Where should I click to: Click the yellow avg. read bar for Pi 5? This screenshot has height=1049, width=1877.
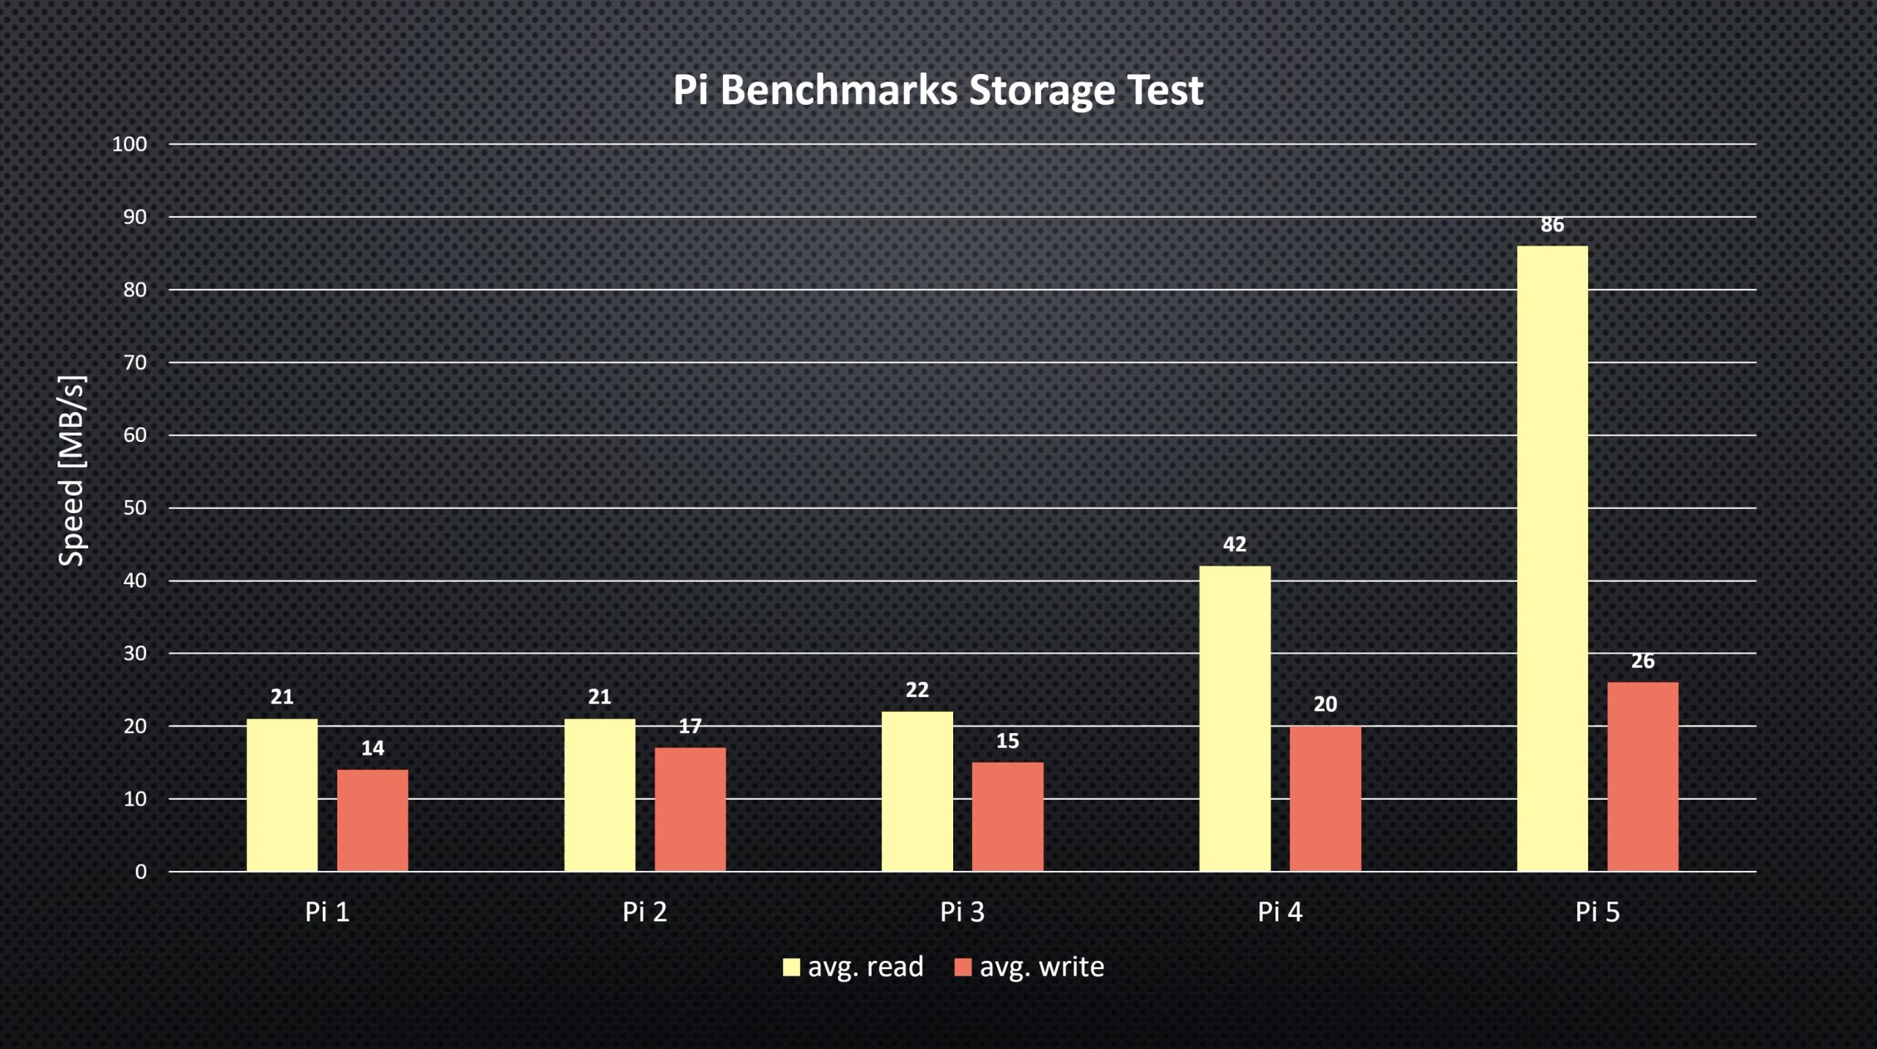point(1551,557)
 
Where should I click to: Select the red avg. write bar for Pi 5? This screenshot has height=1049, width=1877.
point(1642,776)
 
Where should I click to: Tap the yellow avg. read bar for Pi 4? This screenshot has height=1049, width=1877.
point(1235,718)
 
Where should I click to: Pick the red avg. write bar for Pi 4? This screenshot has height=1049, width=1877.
point(1325,798)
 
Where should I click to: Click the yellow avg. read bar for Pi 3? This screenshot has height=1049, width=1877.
point(917,791)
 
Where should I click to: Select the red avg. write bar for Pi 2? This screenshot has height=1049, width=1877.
point(690,809)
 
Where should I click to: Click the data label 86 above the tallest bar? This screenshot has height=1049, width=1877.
point(1552,225)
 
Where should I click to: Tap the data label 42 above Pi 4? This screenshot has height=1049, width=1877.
point(1235,545)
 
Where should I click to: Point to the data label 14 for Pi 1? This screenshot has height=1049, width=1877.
point(372,748)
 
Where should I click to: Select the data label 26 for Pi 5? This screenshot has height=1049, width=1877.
point(1642,661)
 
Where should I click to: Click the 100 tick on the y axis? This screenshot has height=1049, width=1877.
point(129,144)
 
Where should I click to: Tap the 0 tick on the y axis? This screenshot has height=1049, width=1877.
point(140,872)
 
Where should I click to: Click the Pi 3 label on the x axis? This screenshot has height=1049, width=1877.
point(962,912)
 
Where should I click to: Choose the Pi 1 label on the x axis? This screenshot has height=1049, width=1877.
point(327,912)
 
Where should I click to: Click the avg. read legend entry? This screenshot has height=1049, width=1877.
point(853,967)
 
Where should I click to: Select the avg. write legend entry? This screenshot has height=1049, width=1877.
point(1029,967)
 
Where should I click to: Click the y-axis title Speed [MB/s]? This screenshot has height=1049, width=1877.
point(72,471)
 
